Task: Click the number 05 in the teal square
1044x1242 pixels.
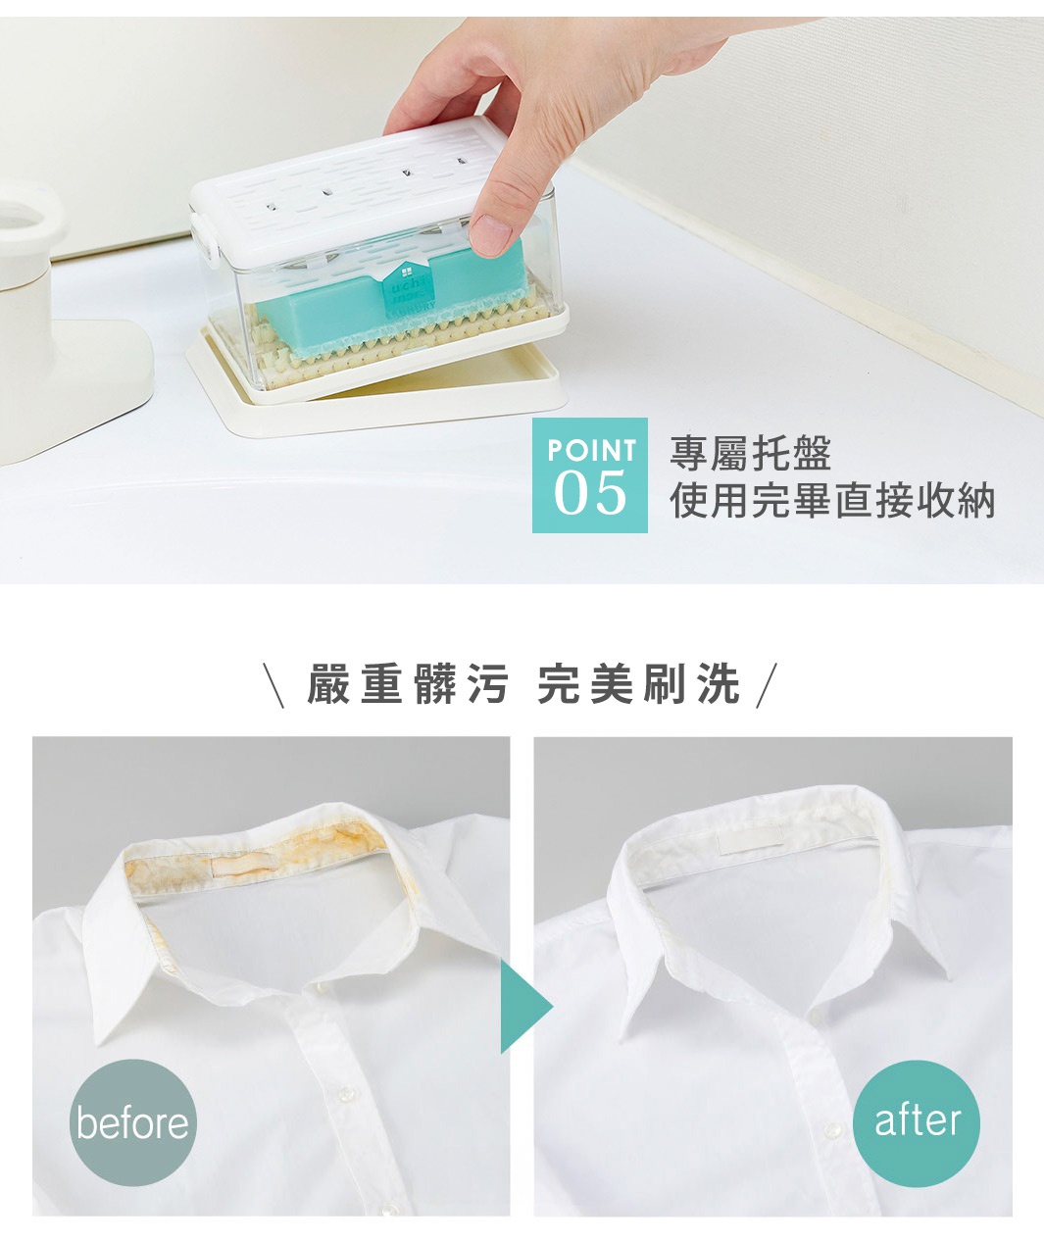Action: pos(589,493)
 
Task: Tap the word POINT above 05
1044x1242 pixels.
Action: pos(591,450)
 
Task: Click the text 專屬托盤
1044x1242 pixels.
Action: pos(750,454)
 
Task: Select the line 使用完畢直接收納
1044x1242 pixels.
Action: pos(832,501)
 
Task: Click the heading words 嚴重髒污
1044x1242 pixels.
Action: pos(408,683)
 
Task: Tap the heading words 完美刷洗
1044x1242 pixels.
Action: pos(638,683)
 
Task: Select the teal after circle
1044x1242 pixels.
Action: pos(917,1120)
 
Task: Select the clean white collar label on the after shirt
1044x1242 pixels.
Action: pos(749,839)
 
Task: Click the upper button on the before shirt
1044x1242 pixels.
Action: pos(344,1068)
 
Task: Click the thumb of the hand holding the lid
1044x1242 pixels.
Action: pos(493,229)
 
